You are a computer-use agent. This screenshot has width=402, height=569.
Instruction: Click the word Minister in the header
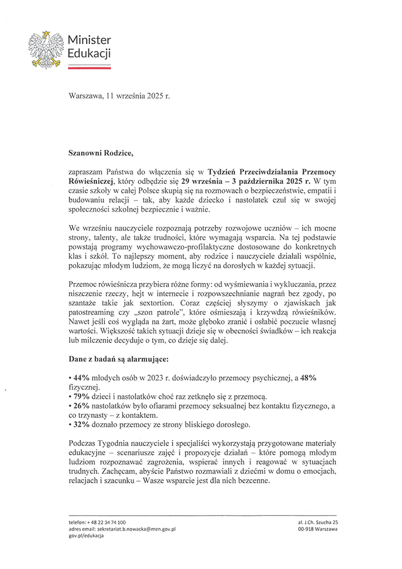pos(89,41)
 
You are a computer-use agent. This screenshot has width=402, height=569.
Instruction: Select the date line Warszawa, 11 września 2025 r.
pos(119,96)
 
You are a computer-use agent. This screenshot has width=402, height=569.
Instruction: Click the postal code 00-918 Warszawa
pos(318,530)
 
